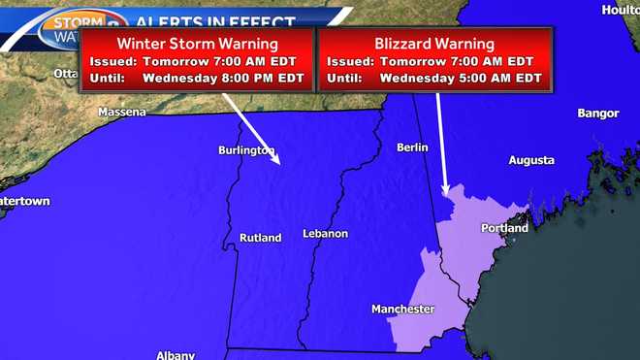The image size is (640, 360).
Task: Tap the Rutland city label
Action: pyautogui.click(x=260, y=238)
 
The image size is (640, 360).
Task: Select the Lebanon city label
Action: pyautogui.click(x=325, y=234)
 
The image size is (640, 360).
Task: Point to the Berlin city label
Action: pyautogui.click(x=412, y=147)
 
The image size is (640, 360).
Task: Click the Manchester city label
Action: pyautogui.click(x=402, y=310)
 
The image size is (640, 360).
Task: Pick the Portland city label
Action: pyautogui.click(x=504, y=228)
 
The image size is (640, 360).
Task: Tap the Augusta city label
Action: pyautogui.click(x=531, y=160)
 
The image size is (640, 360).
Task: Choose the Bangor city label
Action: pyautogui.click(x=597, y=114)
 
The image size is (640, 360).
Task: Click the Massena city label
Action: pyautogui.click(x=122, y=113)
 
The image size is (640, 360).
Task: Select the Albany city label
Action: pyautogui.click(x=176, y=354)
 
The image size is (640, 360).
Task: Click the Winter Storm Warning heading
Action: pyautogui.click(x=197, y=44)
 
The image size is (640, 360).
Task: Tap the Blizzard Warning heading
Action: pyautogui.click(x=434, y=44)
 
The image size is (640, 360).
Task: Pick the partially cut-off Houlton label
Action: pyautogui.click(x=621, y=9)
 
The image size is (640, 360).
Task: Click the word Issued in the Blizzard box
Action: pyautogui.click(x=351, y=61)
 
